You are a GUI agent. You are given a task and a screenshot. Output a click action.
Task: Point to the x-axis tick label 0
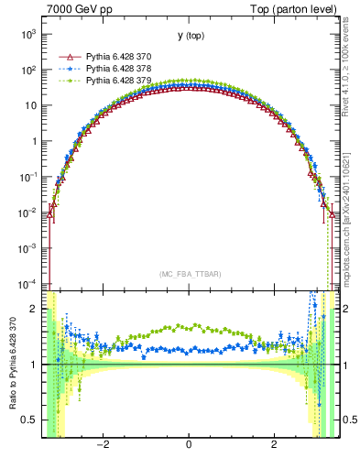(x=189, y=445)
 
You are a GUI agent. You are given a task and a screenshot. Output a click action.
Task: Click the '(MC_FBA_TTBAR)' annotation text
(x=189, y=274)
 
